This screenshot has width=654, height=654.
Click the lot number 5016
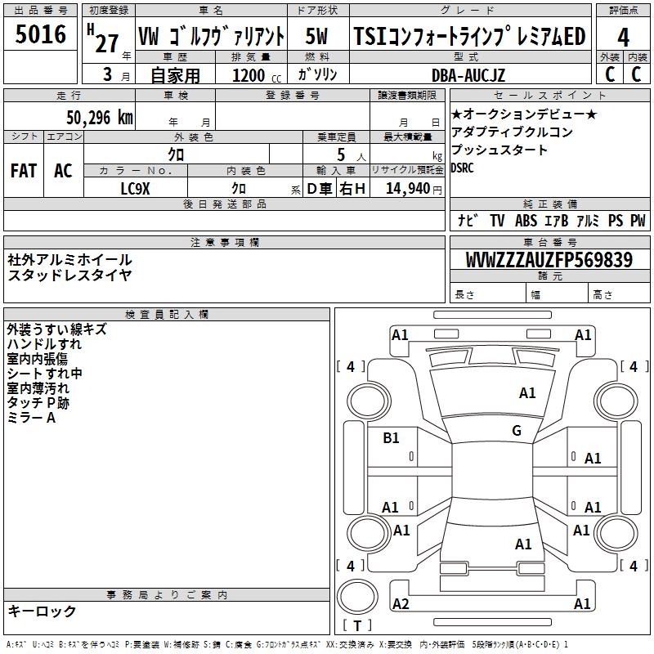tap(40, 34)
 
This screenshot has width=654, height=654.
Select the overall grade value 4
tap(623, 38)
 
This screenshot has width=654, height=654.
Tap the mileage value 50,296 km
tap(100, 118)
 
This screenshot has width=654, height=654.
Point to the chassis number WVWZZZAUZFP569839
tap(549, 259)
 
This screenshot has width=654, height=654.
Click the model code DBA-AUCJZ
tap(468, 75)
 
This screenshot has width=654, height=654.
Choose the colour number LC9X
tap(135, 189)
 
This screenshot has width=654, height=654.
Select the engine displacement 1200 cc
tap(257, 75)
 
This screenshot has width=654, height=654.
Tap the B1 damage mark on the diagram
tap(391, 437)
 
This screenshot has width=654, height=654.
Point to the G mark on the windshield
tap(517, 430)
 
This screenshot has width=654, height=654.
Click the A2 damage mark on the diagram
tap(401, 603)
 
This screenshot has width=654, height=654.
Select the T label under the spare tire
tap(357, 626)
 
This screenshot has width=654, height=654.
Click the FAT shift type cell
tap(24, 171)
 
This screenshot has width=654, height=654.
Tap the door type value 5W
tap(316, 36)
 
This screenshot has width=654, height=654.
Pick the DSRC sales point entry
tap(462, 168)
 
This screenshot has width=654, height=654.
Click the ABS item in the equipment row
tap(526, 220)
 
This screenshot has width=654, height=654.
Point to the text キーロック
tap(42, 611)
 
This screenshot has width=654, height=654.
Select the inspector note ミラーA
tap(31, 418)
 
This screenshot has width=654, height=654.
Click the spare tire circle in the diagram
tap(357, 597)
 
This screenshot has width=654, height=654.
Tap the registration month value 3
tap(108, 74)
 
